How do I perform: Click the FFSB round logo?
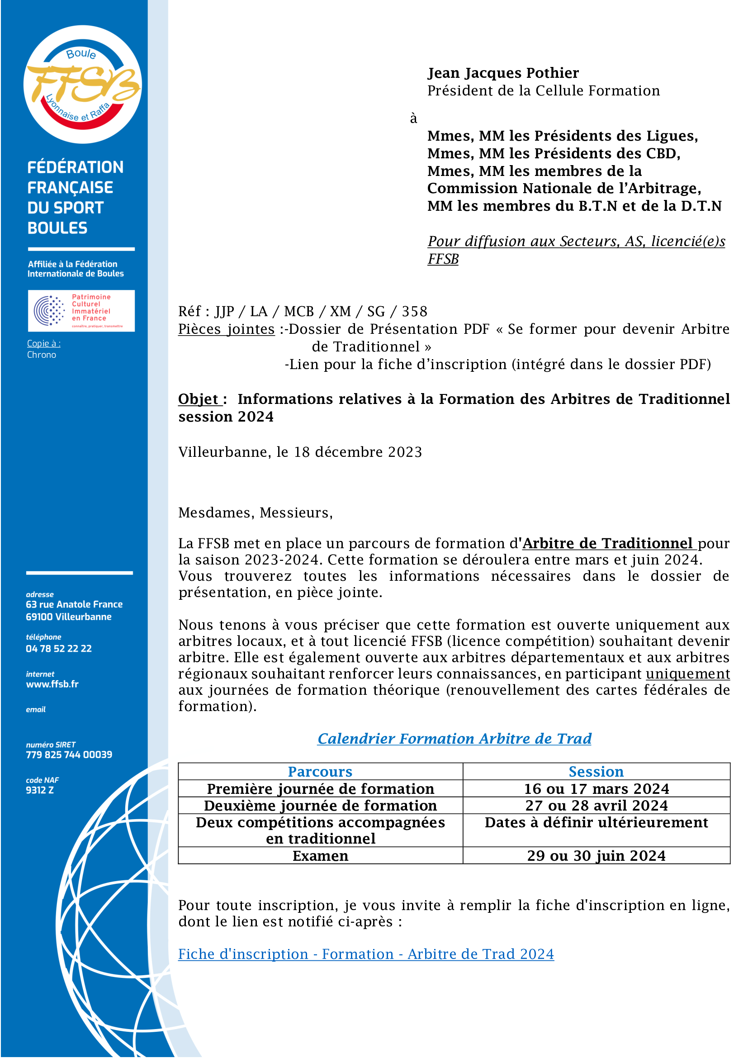point(82,84)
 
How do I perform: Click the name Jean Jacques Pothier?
point(503,73)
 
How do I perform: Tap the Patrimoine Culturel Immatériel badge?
point(81,311)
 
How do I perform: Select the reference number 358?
point(415,312)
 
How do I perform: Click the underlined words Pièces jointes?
point(226,329)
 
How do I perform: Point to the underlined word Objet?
point(199,399)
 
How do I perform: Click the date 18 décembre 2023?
point(358,451)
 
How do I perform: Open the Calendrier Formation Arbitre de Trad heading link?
point(454,738)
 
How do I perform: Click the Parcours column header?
point(320,771)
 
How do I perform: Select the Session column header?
point(596,771)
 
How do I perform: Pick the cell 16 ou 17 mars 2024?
point(596,788)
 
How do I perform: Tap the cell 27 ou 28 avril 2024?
point(596,805)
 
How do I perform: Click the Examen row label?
point(320,855)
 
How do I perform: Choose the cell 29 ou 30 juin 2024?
point(596,855)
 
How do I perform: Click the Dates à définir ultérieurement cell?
point(596,822)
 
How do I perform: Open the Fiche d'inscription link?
point(366,954)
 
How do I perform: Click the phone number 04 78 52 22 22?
point(58,648)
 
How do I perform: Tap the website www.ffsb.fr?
point(52,684)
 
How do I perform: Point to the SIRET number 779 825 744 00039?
point(69,754)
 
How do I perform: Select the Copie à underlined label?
point(43,343)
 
